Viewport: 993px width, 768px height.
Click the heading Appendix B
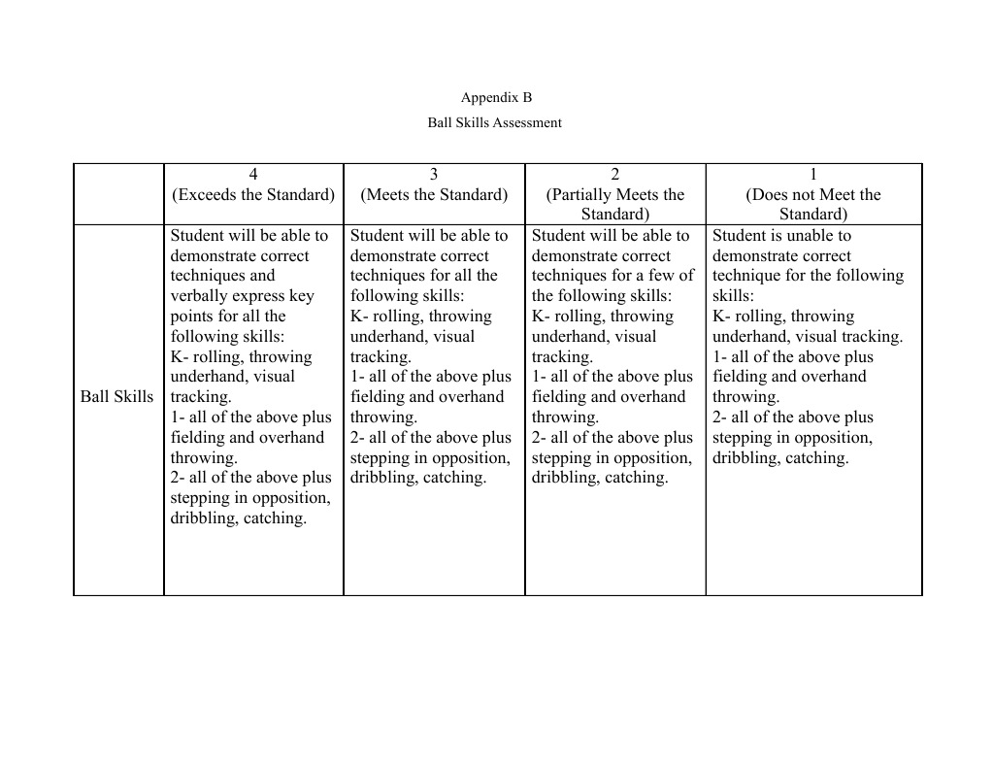click(x=496, y=97)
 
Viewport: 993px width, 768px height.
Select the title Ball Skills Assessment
click(x=494, y=122)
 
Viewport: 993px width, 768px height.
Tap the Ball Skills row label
click(x=117, y=396)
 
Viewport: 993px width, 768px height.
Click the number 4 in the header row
click(x=253, y=174)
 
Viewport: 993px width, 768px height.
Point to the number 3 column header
click(x=434, y=174)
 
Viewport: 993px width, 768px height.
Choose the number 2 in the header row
click(x=615, y=174)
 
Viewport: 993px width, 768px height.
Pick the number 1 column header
click(x=813, y=174)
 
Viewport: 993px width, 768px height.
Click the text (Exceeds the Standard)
click(x=253, y=194)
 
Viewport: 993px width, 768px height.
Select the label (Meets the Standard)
click(x=434, y=194)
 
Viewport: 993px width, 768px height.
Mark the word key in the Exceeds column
click(x=301, y=296)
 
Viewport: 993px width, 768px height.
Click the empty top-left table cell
click(x=118, y=194)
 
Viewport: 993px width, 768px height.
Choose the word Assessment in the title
click(x=527, y=122)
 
